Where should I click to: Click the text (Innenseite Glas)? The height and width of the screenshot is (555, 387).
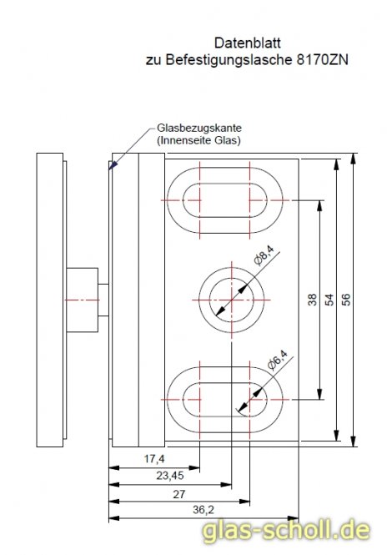pos(199,143)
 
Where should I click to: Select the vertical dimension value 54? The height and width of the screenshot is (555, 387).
pos(329,300)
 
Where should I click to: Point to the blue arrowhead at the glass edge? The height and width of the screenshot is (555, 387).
pos(112,166)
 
